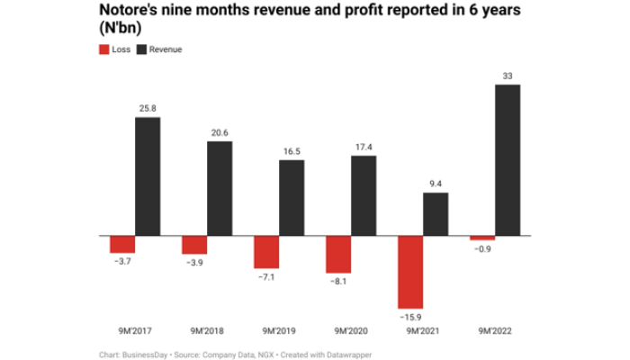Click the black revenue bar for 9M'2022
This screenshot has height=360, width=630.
click(508, 160)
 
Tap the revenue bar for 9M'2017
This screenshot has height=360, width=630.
click(148, 176)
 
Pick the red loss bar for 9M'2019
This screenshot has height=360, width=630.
click(266, 252)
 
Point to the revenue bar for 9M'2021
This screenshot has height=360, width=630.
click(436, 214)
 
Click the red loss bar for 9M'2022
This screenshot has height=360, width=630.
click(482, 238)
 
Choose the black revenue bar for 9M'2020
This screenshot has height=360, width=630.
click(364, 195)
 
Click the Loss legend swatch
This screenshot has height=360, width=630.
click(102, 49)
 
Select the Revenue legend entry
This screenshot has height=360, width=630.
click(159, 49)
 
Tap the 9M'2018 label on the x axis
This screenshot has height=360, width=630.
click(206, 330)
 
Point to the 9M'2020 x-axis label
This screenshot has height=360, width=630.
click(350, 330)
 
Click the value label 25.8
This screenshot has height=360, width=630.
click(148, 108)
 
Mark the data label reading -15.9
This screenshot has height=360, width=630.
click(409, 318)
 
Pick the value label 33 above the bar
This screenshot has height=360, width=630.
click(508, 76)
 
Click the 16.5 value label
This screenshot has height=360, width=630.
click(292, 151)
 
